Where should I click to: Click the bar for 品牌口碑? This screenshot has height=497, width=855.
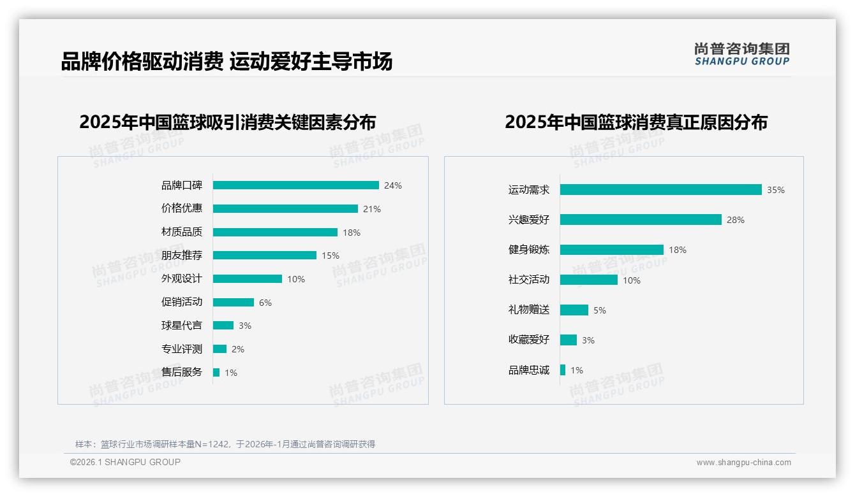click(x=295, y=185)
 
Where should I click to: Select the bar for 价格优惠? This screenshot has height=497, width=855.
click(x=285, y=208)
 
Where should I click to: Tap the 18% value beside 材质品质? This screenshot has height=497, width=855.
click(x=352, y=233)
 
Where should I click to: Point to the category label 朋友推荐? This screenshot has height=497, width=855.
click(x=181, y=256)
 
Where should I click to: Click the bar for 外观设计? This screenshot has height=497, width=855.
click(x=248, y=278)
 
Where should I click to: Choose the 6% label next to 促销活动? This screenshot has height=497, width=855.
click(x=265, y=303)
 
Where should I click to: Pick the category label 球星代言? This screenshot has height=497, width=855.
click(x=181, y=326)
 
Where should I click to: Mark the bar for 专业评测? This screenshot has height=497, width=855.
click(x=219, y=349)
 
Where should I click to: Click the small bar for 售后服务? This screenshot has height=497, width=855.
click(x=216, y=372)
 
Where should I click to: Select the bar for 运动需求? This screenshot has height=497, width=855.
click(x=660, y=189)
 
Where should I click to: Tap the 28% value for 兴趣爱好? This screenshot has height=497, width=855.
click(x=736, y=220)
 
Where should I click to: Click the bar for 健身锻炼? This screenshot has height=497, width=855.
click(x=612, y=250)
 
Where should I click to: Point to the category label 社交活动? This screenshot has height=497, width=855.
click(x=528, y=280)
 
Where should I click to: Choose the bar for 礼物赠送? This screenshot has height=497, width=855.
click(x=574, y=310)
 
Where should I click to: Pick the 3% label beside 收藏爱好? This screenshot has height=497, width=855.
click(x=588, y=340)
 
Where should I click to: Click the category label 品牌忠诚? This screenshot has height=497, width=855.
click(x=528, y=370)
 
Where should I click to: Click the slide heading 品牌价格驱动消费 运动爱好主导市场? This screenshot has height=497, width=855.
click(x=227, y=61)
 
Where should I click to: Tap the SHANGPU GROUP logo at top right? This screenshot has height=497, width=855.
click(x=741, y=54)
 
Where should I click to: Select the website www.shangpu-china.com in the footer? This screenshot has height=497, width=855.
click(x=743, y=463)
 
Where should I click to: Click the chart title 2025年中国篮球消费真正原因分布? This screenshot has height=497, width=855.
click(x=636, y=122)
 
